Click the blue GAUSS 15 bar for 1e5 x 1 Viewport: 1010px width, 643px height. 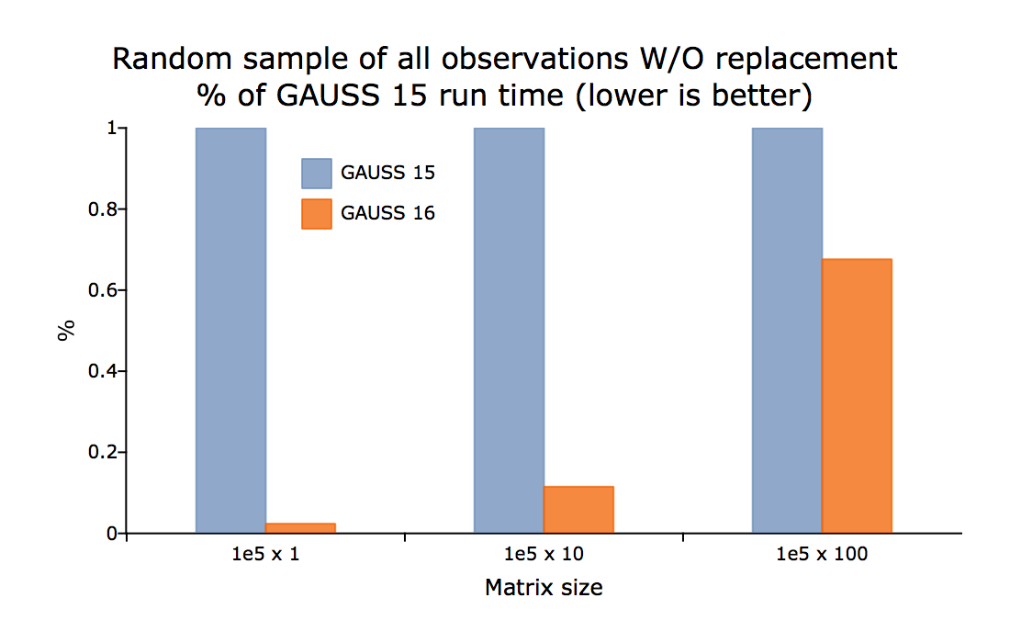tap(230, 331)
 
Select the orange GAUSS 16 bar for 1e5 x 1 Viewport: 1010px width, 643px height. tap(300, 528)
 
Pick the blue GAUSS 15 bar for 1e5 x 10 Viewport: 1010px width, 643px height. tap(509, 331)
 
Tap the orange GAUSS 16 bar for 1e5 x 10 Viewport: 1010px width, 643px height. tap(578, 510)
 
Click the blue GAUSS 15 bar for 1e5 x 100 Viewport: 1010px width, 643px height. tap(787, 331)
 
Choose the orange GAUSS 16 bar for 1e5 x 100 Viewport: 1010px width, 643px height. tap(857, 396)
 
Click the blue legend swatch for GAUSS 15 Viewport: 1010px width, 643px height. tap(316, 174)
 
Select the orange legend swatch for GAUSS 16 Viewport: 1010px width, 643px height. tap(316, 214)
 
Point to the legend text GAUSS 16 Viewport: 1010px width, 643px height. tap(387, 213)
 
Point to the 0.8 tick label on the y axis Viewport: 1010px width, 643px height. tap(103, 209)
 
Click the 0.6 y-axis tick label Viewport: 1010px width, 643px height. tap(103, 290)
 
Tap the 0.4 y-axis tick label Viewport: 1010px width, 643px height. tap(103, 371)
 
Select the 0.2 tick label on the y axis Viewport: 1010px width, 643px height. tap(103, 452)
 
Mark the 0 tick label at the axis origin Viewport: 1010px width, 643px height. tap(112, 534)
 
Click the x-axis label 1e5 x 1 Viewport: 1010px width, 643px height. tap(266, 554)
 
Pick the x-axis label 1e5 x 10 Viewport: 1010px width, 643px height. tap(544, 554)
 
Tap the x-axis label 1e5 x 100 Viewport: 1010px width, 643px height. tap(822, 554)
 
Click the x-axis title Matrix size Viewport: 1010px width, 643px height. tap(544, 588)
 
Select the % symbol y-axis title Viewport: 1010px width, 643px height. tap(66, 331)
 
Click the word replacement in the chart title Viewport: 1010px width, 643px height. tap(806, 60)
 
